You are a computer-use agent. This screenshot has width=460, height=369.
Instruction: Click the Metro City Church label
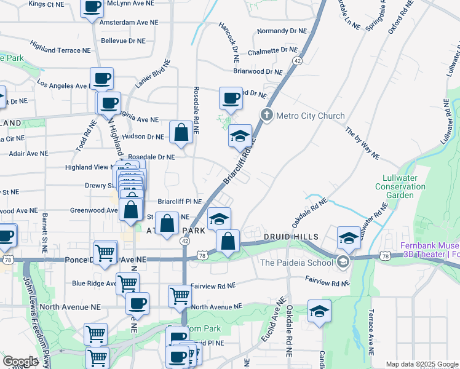click(311, 116)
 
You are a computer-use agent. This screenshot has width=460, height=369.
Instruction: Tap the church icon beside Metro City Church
click(267, 115)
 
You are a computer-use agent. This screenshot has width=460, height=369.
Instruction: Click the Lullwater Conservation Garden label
click(400, 189)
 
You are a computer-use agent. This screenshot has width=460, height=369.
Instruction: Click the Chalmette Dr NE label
click(272, 51)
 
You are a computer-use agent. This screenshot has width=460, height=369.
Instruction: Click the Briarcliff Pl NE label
click(180, 201)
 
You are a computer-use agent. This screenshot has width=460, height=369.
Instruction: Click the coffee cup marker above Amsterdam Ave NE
click(92, 7)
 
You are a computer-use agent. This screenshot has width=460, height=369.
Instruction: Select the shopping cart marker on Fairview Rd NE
click(180, 295)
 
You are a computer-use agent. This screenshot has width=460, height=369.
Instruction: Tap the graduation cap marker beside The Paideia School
click(349, 237)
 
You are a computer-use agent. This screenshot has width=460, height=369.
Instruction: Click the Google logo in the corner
click(20, 362)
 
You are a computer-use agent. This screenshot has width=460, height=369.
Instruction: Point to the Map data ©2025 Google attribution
click(421, 364)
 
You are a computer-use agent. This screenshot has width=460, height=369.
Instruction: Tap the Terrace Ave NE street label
click(371, 340)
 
